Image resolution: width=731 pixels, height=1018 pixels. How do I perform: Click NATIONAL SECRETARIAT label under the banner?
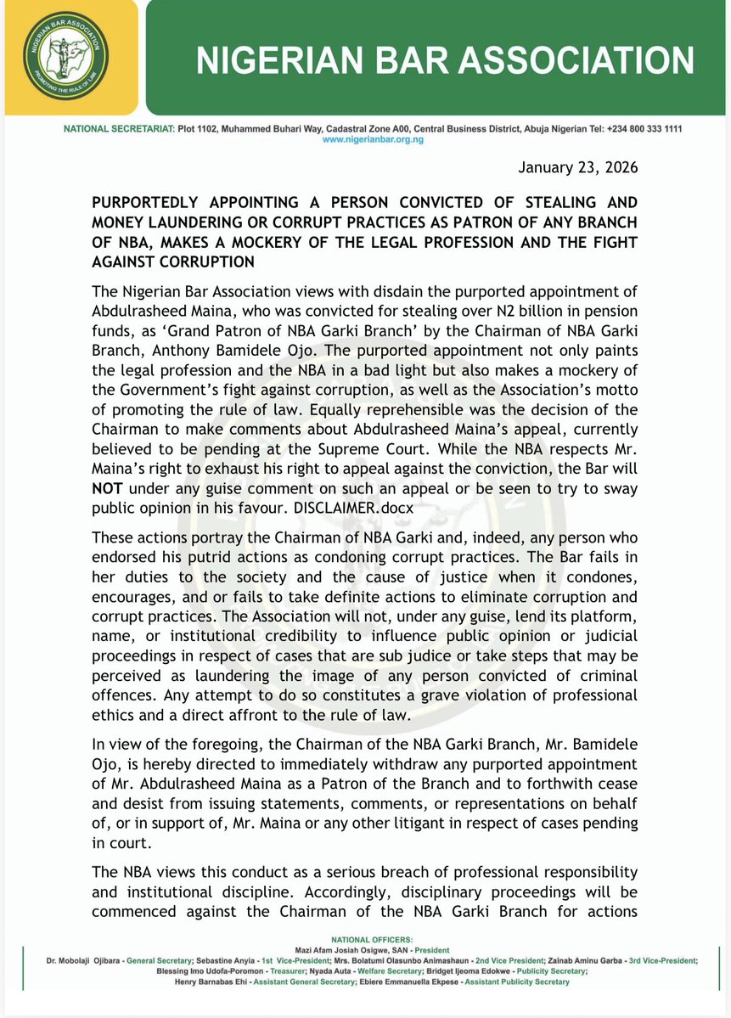click(x=120, y=129)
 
